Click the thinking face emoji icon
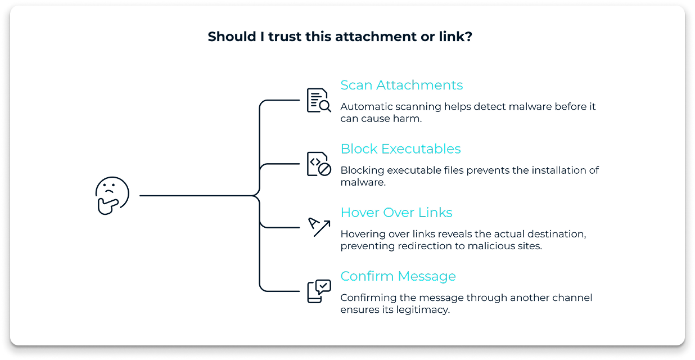coord(112,196)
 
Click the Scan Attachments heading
coord(401,85)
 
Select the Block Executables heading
coord(400,148)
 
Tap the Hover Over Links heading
coord(396,213)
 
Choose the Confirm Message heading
coord(398,276)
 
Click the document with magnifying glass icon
coord(318,100)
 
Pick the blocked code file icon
coord(318,164)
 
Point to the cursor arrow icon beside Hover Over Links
coord(319,227)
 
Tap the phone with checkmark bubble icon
coord(318,291)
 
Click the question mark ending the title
coord(468,37)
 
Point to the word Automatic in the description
coord(363,106)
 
